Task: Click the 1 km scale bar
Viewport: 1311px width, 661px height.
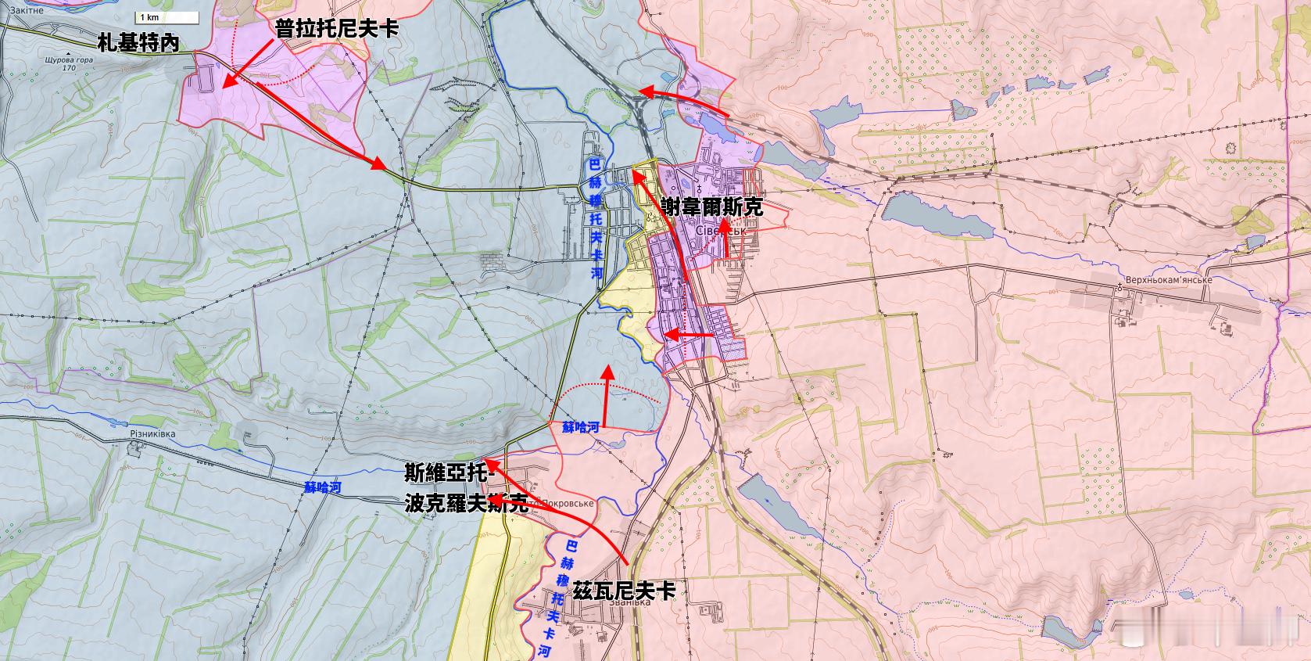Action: [167, 17]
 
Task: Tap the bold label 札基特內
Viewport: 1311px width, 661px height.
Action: [138, 44]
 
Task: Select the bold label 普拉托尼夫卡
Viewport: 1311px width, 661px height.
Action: [336, 30]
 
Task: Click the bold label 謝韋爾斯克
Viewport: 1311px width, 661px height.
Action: [711, 207]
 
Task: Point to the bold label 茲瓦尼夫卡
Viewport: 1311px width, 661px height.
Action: [624, 591]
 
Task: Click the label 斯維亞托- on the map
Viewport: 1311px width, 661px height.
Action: [448, 473]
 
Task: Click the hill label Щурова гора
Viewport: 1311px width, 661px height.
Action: [70, 59]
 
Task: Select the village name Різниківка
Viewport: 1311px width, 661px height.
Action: [153, 434]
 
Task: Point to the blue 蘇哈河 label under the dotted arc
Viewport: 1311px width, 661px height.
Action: [581, 427]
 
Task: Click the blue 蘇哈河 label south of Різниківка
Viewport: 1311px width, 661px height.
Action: [323, 487]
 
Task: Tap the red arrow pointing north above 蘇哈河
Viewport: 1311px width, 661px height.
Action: [607, 395]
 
